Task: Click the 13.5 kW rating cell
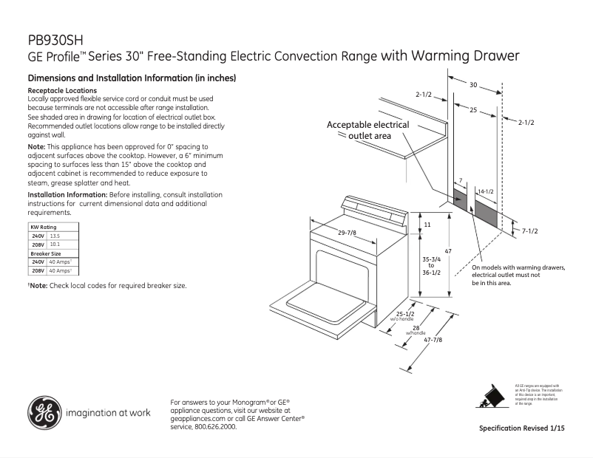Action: (x=54, y=235)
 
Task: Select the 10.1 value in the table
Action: (x=54, y=244)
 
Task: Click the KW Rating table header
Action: (x=42, y=227)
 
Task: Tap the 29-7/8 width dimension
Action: (x=347, y=233)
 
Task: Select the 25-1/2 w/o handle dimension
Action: (x=404, y=316)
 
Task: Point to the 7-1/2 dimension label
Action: (x=529, y=231)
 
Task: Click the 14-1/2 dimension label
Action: (x=485, y=192)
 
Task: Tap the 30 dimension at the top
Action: (x=472, y=83)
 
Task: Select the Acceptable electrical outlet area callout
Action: (x=368, y=130)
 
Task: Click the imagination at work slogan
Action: (x=108, y=412)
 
